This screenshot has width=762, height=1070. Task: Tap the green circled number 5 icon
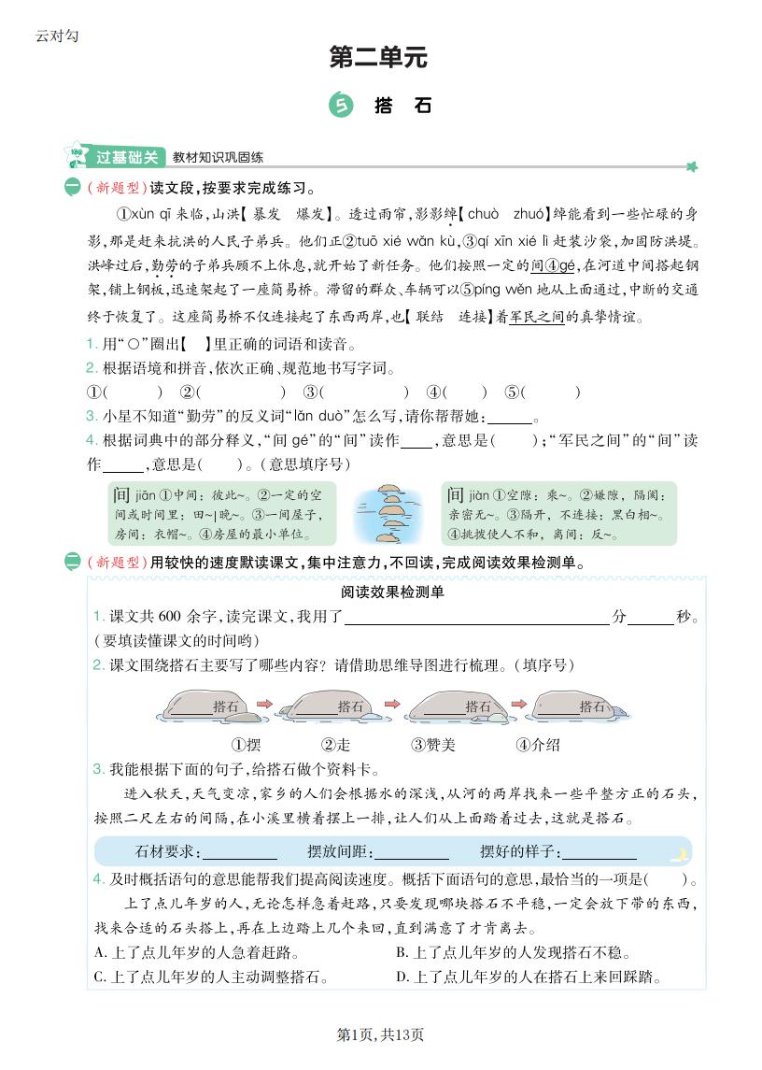(x=341, y=106)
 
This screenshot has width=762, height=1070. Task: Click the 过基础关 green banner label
(x=127, y=157)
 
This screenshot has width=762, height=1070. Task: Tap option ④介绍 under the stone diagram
(x=537, y=745)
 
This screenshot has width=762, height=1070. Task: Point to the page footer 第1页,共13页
(x=380, y=1034)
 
